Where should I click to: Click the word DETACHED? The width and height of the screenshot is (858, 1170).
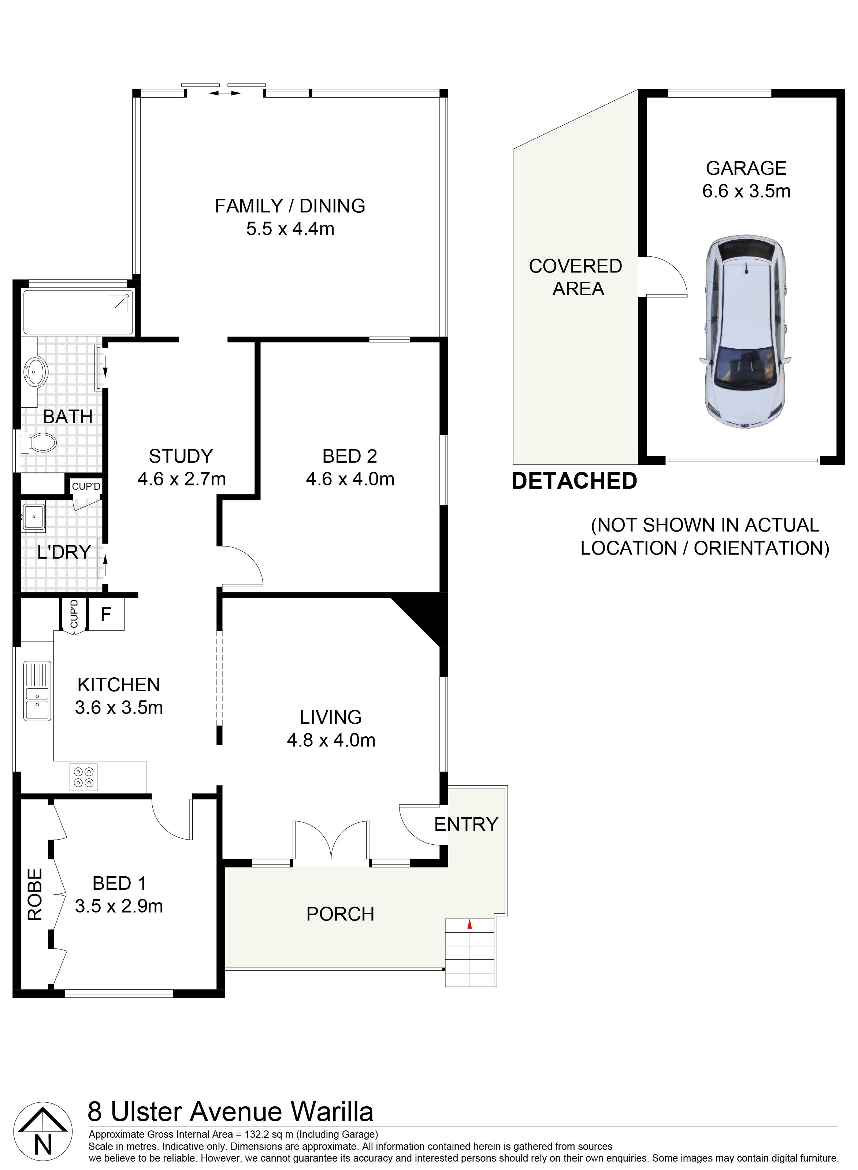[x=575, y=481]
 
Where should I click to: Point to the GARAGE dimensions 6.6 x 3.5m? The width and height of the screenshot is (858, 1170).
[x=746, y=191]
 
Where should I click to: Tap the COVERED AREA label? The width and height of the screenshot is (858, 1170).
[x=576, y=277]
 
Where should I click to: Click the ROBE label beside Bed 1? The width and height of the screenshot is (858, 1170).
[x=35, y=894]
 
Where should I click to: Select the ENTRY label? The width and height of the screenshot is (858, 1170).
[x=466, y=825]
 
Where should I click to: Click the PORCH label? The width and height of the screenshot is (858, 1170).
[x=340, y=914]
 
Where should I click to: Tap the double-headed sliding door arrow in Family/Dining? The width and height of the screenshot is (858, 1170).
[x=224, y=93]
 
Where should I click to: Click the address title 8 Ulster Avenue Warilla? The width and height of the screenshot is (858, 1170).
[x=231, y=1111]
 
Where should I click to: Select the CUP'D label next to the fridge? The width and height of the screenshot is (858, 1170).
[x=74, y=614]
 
